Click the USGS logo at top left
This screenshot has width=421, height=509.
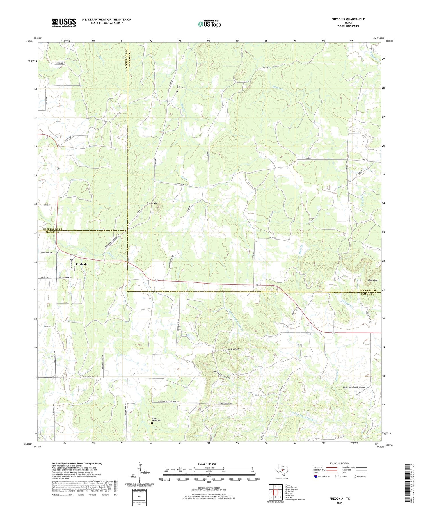[64, 22]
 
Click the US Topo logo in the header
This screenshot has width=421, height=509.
[209, 24]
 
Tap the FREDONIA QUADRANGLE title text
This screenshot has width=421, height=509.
[348, 19]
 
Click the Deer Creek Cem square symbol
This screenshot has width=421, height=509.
[177, 91]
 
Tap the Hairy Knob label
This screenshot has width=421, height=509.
[234, 349]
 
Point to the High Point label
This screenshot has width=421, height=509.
[373, 280]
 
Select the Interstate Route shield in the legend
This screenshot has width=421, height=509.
[316, 476]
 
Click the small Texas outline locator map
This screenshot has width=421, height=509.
[282, 469]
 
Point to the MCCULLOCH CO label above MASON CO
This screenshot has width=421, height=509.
[52, 229]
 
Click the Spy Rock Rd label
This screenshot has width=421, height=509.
[49, 327]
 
